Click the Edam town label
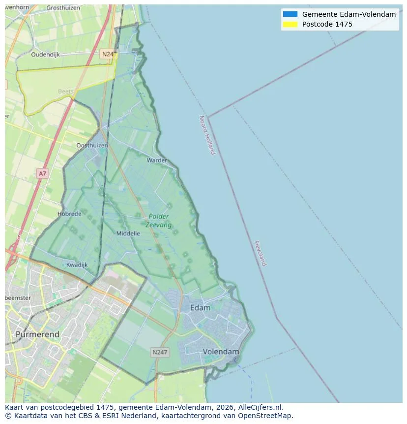(200, 308)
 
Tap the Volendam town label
(221, 352)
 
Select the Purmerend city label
(37, 334)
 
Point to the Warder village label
(157, 160)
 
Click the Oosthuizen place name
(92, 145)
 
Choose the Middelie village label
(128, 233)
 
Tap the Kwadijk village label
(77, 264)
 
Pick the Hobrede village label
(69, 214)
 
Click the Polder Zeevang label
(158, 220)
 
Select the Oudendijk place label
(45, 55)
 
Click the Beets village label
(65, 91)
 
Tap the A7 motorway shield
(43, 173)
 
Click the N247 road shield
(160, 352)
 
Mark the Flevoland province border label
(261, 253)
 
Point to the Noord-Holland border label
(207, 135)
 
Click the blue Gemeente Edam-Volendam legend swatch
(290, 14)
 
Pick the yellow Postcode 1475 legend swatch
(290, 24)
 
